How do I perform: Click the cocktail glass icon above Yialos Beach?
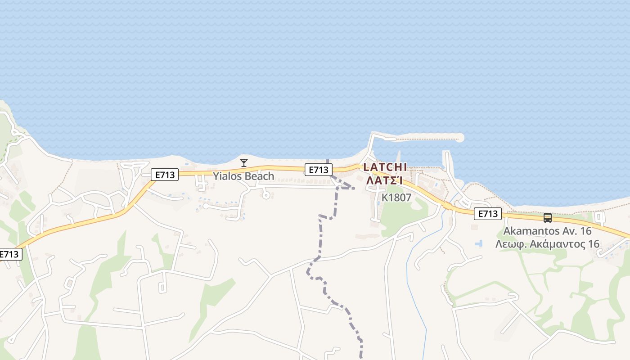244,162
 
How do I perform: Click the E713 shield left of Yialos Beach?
164,175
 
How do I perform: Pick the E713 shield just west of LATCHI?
318,170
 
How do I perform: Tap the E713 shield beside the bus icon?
487,214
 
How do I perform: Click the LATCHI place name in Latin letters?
385,167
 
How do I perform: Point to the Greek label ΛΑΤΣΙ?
384,180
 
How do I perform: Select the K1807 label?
396,198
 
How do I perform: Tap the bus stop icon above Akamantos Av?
547,218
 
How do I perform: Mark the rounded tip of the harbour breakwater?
459,138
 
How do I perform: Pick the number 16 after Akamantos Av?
584,231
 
